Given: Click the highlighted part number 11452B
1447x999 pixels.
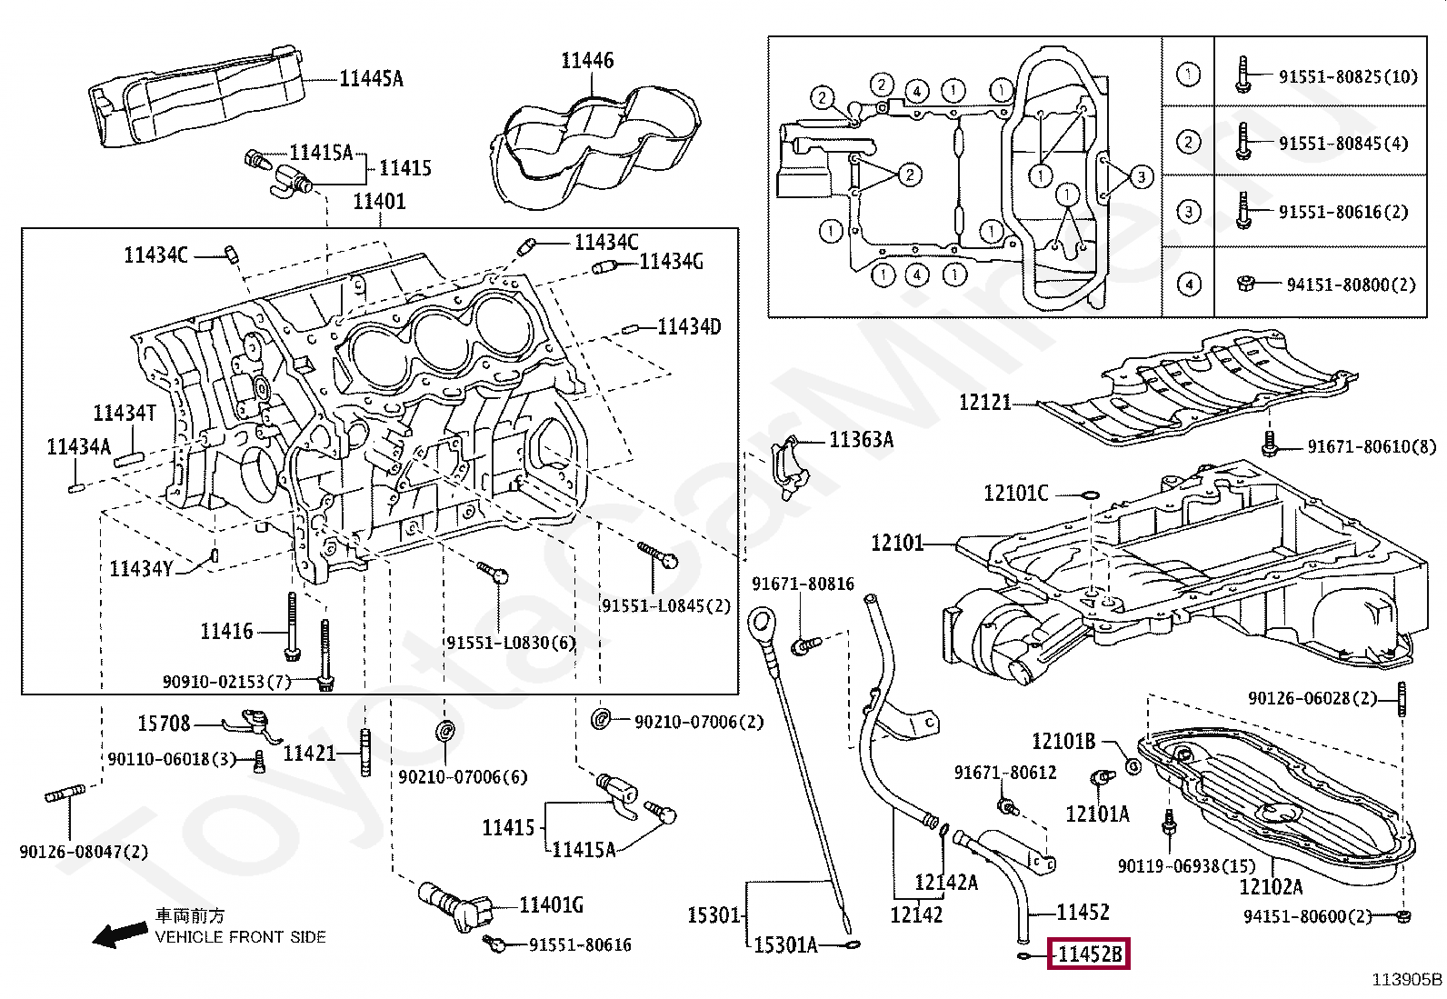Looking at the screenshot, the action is point(1089,954).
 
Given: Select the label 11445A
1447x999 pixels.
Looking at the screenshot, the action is point(371,78).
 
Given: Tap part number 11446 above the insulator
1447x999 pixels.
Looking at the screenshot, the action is point(587,61).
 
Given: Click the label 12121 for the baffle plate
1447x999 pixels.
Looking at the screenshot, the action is point(984,403).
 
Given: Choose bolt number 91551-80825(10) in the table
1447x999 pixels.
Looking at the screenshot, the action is point(1348,77).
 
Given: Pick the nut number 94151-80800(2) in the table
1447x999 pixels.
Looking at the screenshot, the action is point(1351,285).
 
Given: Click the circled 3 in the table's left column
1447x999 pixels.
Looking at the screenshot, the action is point(1189,212).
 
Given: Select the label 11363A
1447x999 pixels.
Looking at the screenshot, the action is point(861,440).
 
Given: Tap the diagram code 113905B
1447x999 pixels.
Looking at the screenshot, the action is point(1407,980).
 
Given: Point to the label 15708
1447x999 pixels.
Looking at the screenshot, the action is point(164,723).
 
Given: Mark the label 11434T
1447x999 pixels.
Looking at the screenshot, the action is point(124,413).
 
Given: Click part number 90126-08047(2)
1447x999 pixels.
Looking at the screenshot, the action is point(84,852).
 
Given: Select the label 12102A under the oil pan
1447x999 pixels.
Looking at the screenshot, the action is point(1271,887).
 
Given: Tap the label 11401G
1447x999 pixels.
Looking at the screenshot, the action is point(551,906).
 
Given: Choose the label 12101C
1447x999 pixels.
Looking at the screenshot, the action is point(1015,494).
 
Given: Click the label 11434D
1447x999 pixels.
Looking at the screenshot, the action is point(689,327).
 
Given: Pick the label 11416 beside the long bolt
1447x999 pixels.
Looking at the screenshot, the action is point(226,631).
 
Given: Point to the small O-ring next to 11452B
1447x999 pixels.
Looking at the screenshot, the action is point(1023,955).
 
